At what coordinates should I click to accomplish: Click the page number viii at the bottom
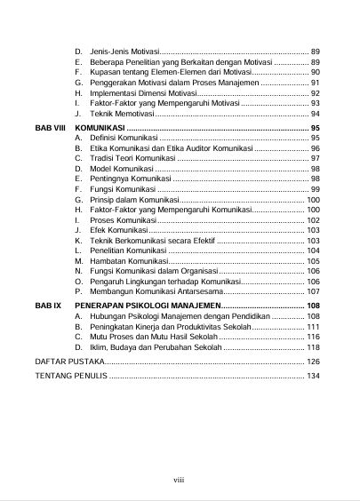pos(179,481)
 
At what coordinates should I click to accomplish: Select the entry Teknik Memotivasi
pos(122,115)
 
